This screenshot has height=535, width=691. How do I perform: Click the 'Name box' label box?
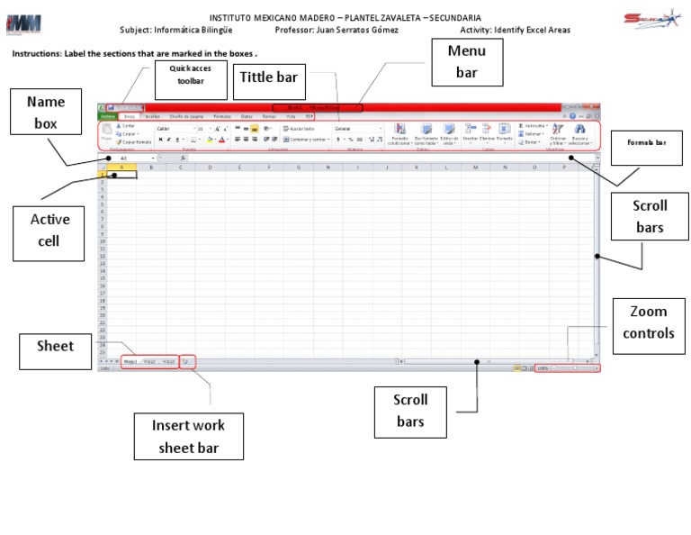pyautogui.click(x=45, y=113)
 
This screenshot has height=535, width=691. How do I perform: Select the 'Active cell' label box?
pyautogui.click(x=49, y=229)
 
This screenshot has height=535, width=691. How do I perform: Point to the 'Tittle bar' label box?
pyautogui.click(x=267, y=78)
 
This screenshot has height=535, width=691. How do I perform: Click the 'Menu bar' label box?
pyautogui.click(x=466, y=61)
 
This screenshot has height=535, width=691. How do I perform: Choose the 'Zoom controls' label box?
pyautogui.click(x=648, y=322)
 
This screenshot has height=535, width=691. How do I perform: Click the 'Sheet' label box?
pyautogui.click(x=55, y=345)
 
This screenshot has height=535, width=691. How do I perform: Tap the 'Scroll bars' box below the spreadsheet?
pyautogui.click(x=410, y=411)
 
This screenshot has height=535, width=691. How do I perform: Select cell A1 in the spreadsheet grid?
pyautogui.click(x=121, y=174)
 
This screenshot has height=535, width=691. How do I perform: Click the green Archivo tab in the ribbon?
pyautogui.click(x=107, y=116)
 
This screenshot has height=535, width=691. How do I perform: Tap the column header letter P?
pyautogui.click(x=564, y=167)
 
